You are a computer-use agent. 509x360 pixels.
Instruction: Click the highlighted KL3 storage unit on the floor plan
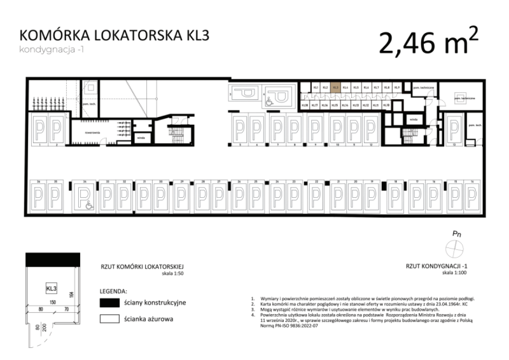point(335,88)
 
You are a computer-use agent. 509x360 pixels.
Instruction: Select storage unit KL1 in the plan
point(315,88)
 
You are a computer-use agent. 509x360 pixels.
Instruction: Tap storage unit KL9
point(396,88)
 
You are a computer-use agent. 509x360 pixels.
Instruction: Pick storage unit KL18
point(305,105)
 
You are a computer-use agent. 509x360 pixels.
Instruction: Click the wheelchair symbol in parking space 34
point(89,204)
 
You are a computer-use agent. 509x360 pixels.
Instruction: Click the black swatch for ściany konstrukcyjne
point(111,302)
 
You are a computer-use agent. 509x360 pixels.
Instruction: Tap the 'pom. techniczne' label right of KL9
point(423,87)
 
